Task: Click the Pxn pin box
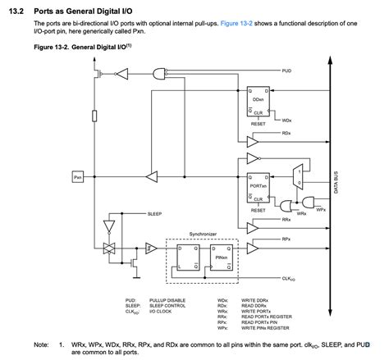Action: (78, 176)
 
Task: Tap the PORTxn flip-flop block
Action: (258, 188)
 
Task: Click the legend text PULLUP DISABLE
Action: (168, 301)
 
